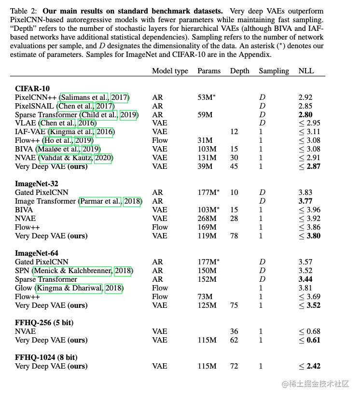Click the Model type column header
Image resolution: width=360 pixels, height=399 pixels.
pyautogui.click(x=170, y=70)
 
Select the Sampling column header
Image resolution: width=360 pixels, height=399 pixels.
pyautogui.click(x=274, y=70)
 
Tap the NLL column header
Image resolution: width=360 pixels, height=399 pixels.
pyautogui.click(x=306, y=70)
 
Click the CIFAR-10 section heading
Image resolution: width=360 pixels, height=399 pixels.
pyautogui.click(x=32, y=89)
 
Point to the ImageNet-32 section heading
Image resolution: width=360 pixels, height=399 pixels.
pyautogui.click(x=36, y=184)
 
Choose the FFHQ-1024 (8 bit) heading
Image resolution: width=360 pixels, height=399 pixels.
pyautogui.click(x=46, y=358)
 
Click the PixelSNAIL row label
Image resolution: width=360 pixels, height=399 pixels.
pyautogui.click(x=35, y=106)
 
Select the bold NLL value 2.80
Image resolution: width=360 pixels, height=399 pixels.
pyautogui.click(x=305, y=115)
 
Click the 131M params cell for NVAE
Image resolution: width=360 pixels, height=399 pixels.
pyautogui.click(x=207, y=158)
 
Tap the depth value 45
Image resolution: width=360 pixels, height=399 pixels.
pyautogui.click(x=234, y=166)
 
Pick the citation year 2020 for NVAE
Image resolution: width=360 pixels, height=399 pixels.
pyautogui.click(x=104, y=158)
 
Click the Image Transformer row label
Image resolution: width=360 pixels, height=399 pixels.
pyautogui.click(x=45, y=201)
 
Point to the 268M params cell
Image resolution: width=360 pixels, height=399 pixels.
pyautogui.click(x=207, y=219)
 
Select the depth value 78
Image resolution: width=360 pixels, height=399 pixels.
pyautogui.click(x=234, y=236)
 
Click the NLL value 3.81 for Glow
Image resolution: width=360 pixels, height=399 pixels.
pyautogui.click(x=305, y=288)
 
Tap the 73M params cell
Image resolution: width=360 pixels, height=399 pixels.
pyautogui.click(x=205, y=297)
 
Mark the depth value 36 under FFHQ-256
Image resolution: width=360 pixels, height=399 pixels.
pyautogui.click(x=234, y=331)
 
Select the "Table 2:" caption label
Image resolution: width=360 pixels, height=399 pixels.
pyautogui.click(x=26, y=11)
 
